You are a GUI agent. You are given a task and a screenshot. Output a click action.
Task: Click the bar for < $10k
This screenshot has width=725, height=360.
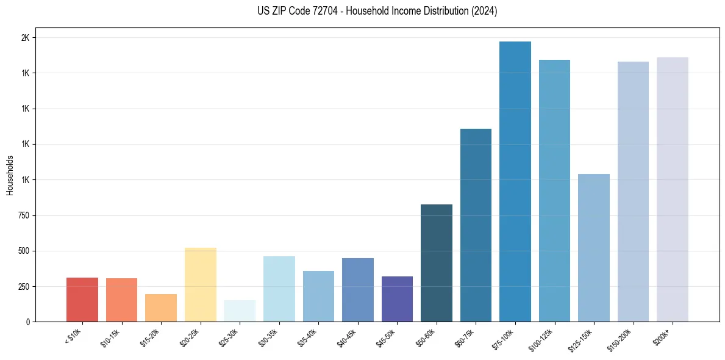(x=82, y=300)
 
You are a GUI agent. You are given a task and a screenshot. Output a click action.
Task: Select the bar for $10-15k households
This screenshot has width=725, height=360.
(x=121, y=300)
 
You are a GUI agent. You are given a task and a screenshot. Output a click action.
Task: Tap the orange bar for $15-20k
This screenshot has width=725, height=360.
(x=161, y=308)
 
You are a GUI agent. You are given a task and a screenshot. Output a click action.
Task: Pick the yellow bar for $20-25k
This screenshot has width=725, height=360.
(x=200, y=284)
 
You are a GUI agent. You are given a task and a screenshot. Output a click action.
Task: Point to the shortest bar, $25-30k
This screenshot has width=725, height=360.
(x=240, y=311)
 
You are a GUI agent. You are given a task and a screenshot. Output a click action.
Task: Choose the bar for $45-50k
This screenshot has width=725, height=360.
(x=397, y=299)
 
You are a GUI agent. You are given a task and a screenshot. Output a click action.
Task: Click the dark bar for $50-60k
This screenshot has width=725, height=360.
(x=437, y=263)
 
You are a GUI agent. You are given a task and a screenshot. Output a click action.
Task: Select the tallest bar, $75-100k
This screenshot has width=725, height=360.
(x=515, y=181)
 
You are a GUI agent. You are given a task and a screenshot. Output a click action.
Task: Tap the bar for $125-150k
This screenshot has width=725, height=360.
(x=594, y=248)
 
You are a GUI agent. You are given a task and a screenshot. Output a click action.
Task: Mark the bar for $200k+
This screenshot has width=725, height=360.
(x=673, y=189)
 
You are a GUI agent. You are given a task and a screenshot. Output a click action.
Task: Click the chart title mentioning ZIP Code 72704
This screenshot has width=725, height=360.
(x=362, y=11)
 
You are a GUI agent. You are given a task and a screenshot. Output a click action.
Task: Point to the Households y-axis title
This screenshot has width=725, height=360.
(x=10, y=175)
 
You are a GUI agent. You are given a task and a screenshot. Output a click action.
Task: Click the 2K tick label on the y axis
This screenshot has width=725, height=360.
(x=25, y=38)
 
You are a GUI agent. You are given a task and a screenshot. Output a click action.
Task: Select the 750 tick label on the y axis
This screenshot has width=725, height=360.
(x=23, y=215)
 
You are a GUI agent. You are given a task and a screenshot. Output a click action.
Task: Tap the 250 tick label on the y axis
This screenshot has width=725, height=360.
(x=23, y=287)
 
